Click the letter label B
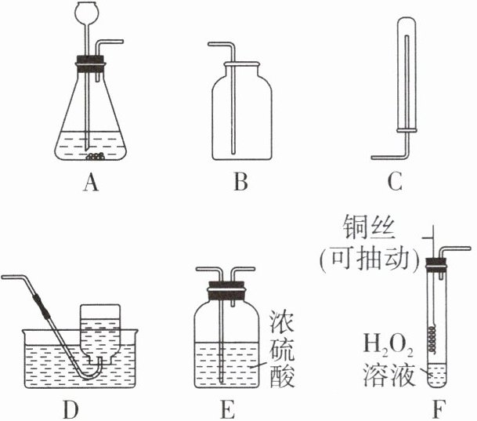(240, 184)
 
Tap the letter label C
(395, 184)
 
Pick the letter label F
(433, 408)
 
